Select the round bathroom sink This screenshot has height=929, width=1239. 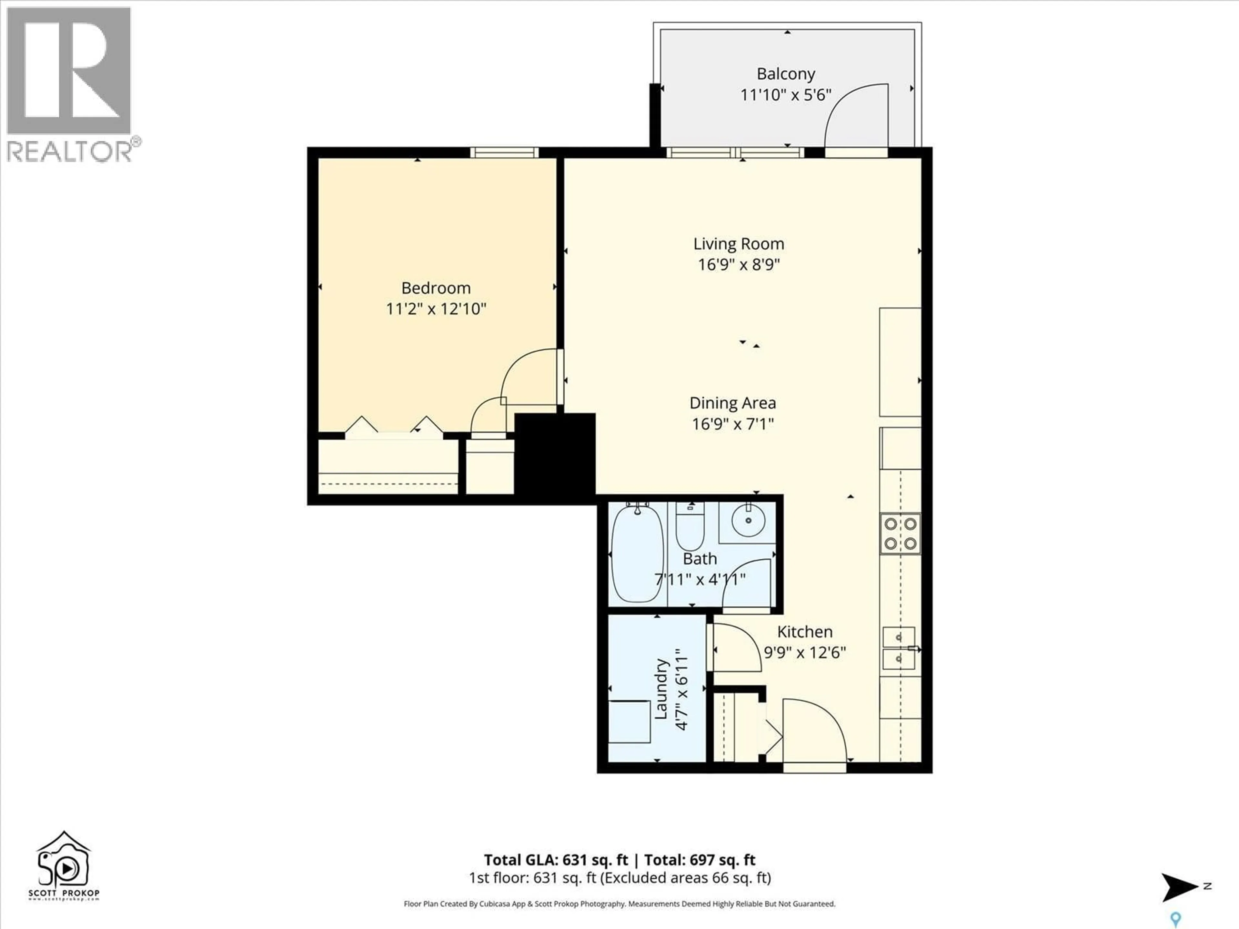point(748,519)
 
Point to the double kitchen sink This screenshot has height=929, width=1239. point(899,648)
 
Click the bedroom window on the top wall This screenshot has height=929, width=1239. point(504,152)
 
